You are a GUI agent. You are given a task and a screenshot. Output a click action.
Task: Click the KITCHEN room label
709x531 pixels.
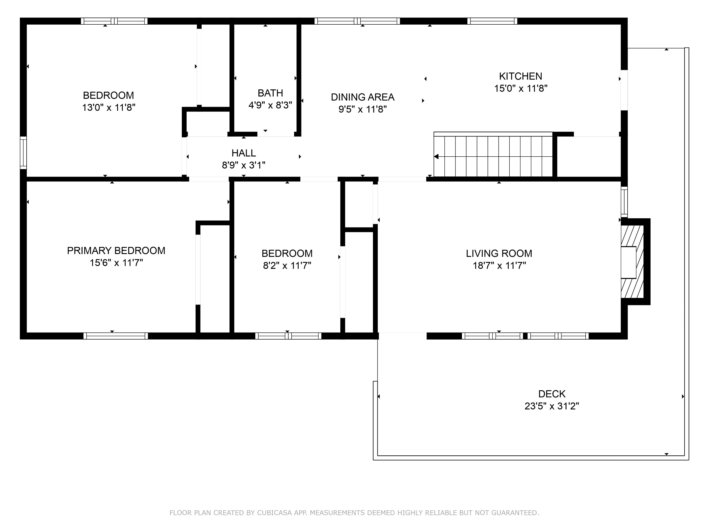(x=520, y=76)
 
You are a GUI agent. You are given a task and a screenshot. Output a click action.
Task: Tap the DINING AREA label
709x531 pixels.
(x=362, y=97)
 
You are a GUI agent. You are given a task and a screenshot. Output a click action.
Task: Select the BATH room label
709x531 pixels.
(x=270, y=93)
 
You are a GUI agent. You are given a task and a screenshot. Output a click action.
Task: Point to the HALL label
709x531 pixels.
(x=244, y=153)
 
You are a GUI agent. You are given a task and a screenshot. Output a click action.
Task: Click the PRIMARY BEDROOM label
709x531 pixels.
(x=116, y=251)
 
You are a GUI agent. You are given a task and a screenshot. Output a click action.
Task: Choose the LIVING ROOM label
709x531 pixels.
(x=499, y=253)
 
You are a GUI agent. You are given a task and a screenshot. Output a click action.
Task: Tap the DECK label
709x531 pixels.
(x=552, y=394)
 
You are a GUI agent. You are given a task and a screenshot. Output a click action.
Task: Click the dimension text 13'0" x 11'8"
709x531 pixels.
(x=109, y=108)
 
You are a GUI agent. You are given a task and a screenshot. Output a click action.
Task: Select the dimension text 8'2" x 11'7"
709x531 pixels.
(x=287, y=266)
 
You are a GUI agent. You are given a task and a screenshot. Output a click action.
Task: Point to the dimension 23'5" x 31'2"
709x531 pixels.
(x=552, y=406)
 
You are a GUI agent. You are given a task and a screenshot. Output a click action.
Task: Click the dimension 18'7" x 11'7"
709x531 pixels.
(x=499, y=266)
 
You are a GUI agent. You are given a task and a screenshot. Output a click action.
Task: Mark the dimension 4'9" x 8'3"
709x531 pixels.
(x=270, y=105)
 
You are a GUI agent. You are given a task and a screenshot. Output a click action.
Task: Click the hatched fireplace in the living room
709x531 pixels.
(x=632, y=262)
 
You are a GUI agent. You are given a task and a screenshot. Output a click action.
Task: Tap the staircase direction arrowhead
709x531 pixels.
(x=436, y=157)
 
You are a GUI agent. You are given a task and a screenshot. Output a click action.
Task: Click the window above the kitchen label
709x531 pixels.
(x=492, y=21)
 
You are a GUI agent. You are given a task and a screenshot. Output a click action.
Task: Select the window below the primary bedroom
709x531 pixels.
(x=116, y=336)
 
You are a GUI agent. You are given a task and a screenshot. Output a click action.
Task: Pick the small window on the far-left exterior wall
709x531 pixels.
(x=23, y=153)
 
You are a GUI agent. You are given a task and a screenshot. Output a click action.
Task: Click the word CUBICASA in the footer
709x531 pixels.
(x=274, y=513)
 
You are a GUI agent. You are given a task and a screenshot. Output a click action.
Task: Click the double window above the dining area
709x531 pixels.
(x=357, y=21)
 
